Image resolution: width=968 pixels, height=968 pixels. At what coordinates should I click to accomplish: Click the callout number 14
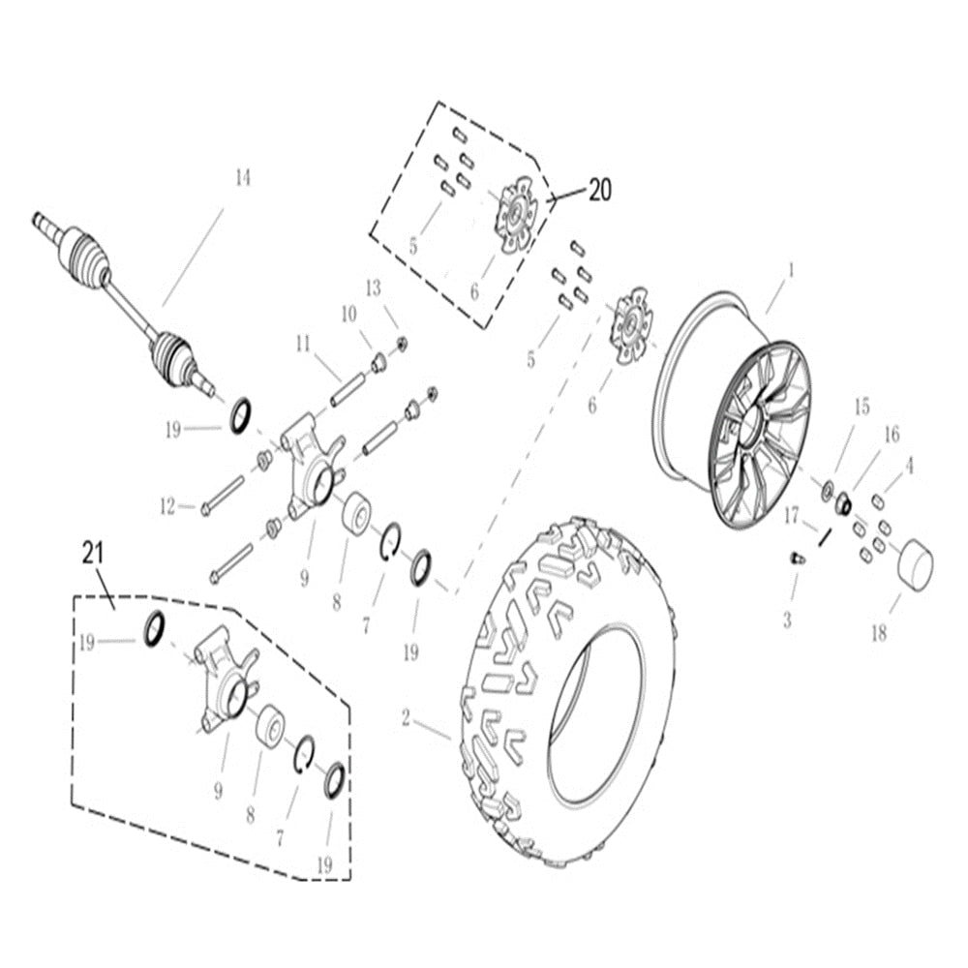click(242, 178)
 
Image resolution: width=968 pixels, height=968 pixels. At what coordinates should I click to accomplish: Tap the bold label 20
click(599, 191)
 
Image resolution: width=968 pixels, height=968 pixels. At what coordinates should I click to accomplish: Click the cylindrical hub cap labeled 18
click(914, 564)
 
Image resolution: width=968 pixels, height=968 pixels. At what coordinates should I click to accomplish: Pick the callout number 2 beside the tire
click(406, 718)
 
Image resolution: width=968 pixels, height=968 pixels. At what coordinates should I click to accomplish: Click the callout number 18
click(878, 634)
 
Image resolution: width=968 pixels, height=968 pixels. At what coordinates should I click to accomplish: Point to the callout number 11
click(303, 344)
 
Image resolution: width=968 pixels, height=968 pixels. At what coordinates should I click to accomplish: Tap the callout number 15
click(862, 408)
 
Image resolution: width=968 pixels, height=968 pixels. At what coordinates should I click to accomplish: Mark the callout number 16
click(891, 435)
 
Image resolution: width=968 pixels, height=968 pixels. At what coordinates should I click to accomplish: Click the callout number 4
click(909, 467)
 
